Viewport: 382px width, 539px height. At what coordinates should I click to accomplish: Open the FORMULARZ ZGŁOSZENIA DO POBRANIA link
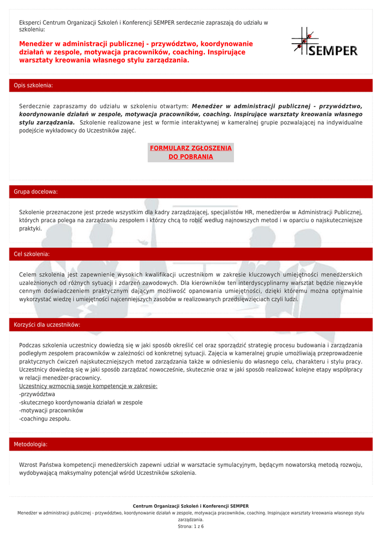coord(191,153)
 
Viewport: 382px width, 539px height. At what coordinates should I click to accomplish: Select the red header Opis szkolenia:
coord(33,85)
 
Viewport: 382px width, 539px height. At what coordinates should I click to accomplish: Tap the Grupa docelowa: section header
coord(36,192)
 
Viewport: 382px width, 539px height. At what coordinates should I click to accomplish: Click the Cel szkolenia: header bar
coord(32,254)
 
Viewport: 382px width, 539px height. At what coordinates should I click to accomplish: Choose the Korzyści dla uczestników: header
coord(47,325)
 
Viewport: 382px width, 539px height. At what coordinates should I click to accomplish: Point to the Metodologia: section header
coord(31,444)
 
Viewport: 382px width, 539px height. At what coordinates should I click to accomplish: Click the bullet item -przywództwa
coord(37,394)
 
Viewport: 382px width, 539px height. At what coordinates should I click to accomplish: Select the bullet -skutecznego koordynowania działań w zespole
coord(81,403)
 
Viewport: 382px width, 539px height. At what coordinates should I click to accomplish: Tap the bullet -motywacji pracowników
coord(51,411)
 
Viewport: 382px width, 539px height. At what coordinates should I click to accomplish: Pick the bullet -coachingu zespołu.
coord(45,419)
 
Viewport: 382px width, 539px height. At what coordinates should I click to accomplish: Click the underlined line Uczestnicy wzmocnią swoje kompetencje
coord(88,386)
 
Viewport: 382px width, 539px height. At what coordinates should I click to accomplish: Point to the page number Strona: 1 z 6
coord(191,526)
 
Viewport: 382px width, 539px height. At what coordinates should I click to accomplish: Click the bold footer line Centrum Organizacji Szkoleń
coord(191,506)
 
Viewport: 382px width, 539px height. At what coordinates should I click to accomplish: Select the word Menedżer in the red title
coord(37,44)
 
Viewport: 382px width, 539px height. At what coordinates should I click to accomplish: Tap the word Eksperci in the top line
coord(30,23)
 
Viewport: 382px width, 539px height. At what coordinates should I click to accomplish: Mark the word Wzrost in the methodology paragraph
coord(28,465)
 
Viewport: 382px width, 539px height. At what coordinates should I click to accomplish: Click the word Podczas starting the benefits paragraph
coord(30,345)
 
